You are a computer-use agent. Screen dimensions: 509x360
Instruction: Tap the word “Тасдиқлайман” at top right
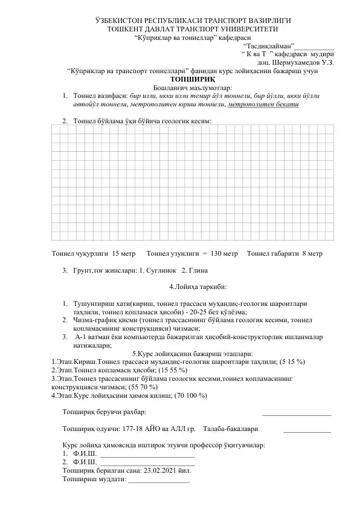(x=268, y=45)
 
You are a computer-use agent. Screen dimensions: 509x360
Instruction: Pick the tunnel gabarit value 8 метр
(x=312, y=254)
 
